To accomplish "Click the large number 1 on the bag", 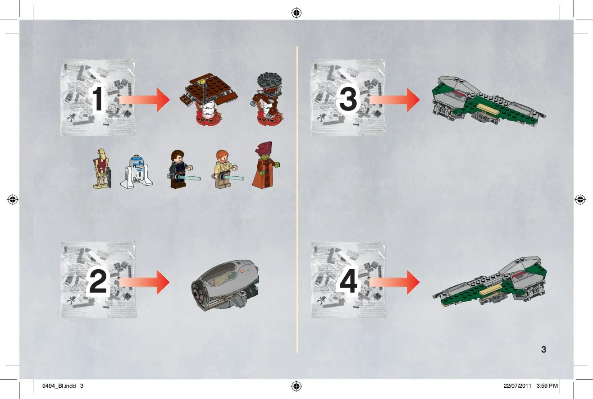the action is [x=98, y=99].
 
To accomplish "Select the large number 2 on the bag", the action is [x=98, y=281].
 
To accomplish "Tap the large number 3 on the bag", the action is [x=348, y=99].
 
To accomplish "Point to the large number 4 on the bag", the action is [x=348, y=281].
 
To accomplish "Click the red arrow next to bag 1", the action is [x=144, y=100].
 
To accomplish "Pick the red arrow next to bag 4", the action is [x=394, y=282].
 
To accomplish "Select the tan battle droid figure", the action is [x=102, y=169].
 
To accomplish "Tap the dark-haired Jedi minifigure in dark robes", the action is [x=182, y=170].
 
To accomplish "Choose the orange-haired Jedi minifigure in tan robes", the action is [x=226, y=170].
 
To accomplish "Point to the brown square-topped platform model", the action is [x=209, y=100].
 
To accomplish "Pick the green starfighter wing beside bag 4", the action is [x=489, y=282].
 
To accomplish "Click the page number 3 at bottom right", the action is [x=543, y=349].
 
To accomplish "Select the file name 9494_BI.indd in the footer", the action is [x=59, y=386].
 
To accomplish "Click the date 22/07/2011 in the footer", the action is [x=517, y=386].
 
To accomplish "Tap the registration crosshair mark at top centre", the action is [x=296, y=13].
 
